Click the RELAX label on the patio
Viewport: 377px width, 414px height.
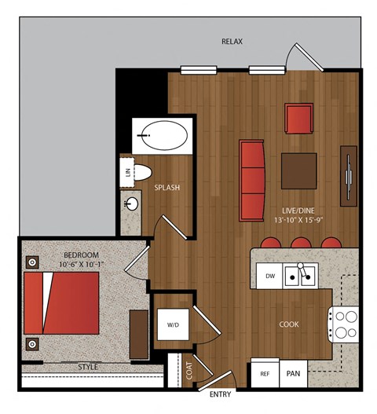point(232,42)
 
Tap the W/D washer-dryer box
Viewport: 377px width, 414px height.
point(174,324)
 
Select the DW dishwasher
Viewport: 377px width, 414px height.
point(270,277)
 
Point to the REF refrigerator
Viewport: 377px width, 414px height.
point(265,373)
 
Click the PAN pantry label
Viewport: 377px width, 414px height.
point(293,374)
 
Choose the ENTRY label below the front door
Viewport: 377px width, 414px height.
point(220,394)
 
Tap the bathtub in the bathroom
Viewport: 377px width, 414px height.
point(165,135)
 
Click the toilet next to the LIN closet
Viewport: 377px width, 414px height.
point(143,172)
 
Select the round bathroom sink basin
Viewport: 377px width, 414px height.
point(132,203)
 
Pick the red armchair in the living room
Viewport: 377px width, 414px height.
point(299,119)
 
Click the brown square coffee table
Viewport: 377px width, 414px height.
point(299,170)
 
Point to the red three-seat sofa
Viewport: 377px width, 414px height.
point(252,181)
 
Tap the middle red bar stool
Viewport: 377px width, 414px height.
point(301,243)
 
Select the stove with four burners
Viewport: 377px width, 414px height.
point(343,324)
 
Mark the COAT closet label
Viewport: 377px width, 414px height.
point(189,371)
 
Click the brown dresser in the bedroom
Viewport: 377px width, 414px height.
point(138,334)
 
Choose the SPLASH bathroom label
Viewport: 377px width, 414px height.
point(167,188)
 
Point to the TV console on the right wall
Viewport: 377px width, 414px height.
point(349,176)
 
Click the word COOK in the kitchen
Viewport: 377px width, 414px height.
point(289,324)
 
